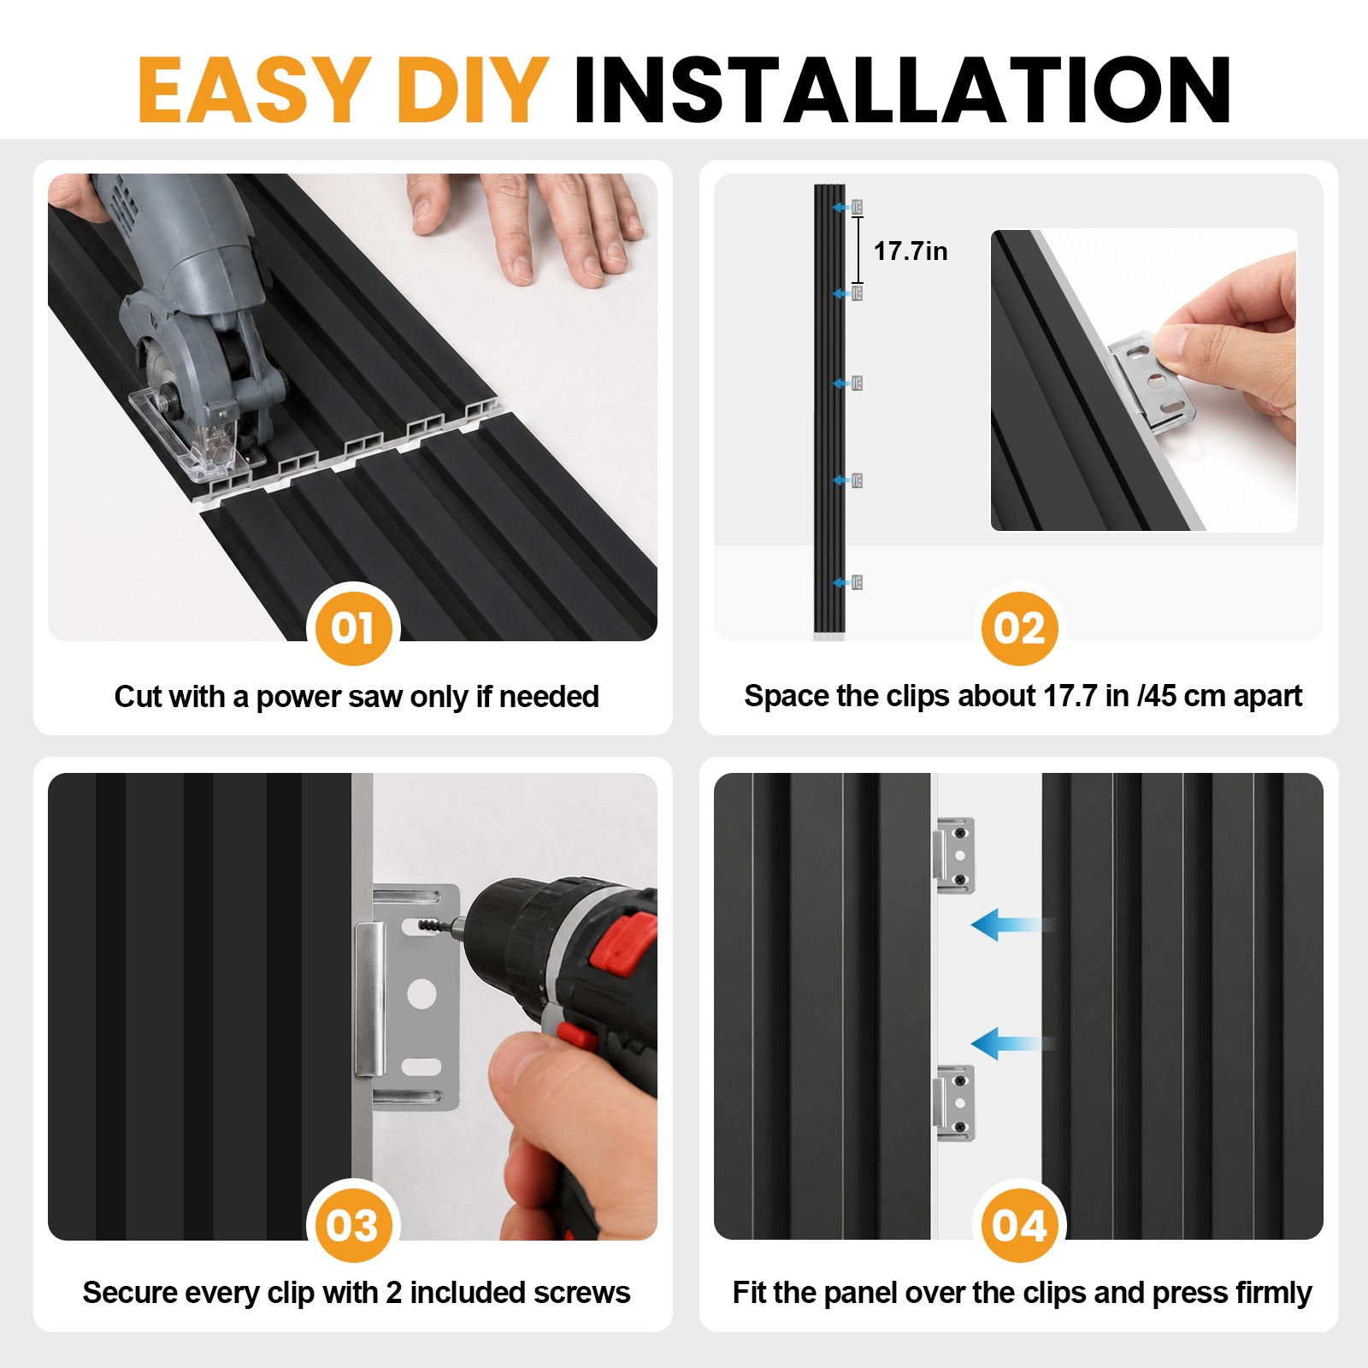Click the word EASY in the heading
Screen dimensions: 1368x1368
[x=254, y=90]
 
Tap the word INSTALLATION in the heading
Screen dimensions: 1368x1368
[x=902, y=90]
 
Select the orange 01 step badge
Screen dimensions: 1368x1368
[x=353, y=628]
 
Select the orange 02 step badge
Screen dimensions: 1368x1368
[x=1019, y=628]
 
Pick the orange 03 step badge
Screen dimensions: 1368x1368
[x=352, y=1225]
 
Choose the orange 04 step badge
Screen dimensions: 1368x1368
[x=1019, y=1225]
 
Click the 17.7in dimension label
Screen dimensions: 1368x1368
[x=911, y=251]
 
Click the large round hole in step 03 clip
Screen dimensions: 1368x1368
[x=422, y=994]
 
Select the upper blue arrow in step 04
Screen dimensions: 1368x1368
[x=1013, y=925]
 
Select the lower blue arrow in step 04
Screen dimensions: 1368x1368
[x=1013, y=1044]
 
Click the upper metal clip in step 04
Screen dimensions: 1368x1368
[x=955, y=855]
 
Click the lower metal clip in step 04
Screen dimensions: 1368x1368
[x=955, y=1102]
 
